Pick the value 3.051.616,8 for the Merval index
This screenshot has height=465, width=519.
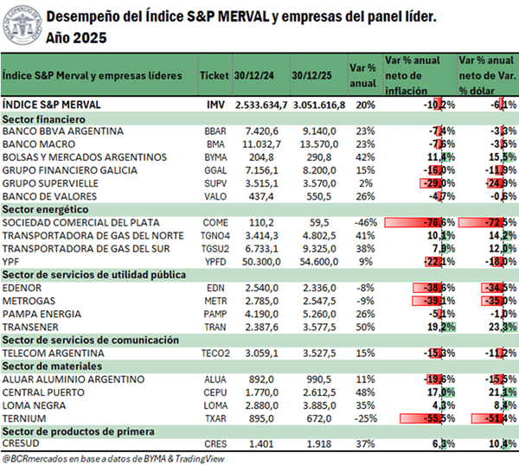pos(317,104)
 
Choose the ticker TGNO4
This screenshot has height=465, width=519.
pos(215,235)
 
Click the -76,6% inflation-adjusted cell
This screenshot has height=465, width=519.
pos(420,222)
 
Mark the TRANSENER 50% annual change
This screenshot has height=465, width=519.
pos(364,328)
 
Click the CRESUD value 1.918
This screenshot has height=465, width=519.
pos(321,444)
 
